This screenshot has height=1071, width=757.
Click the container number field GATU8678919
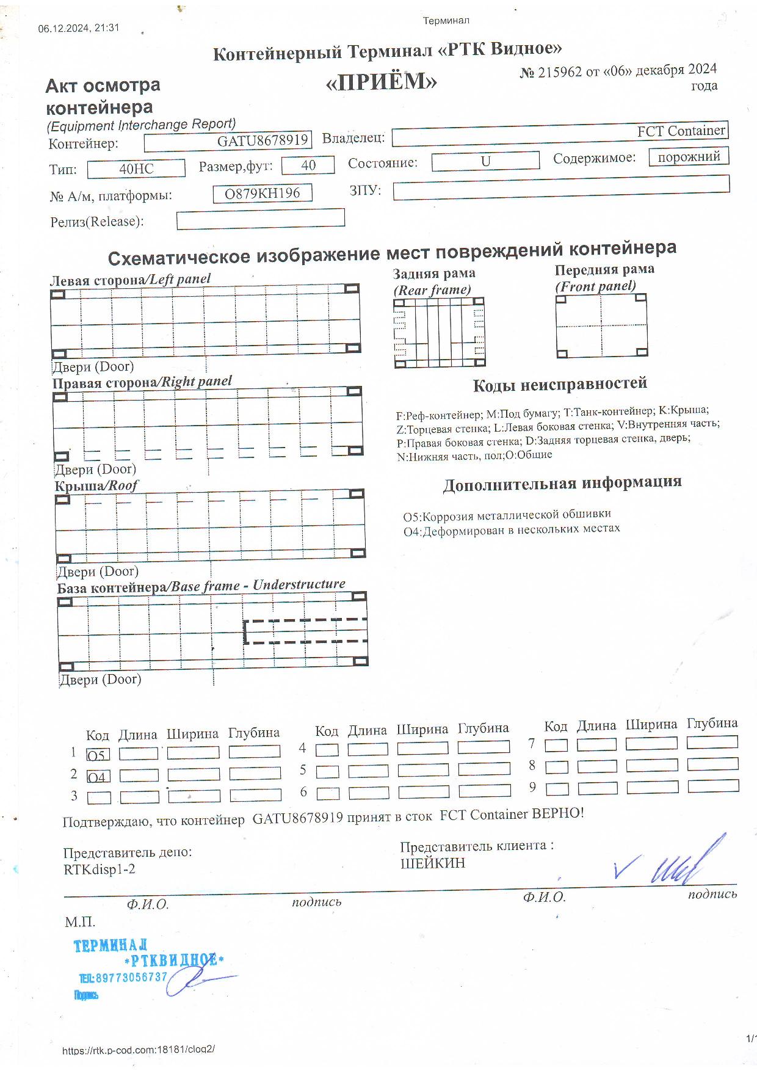click(x=228, y=141)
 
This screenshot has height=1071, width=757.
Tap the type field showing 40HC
click(x=136, y=169)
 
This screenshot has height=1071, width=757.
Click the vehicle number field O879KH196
click(x=263, y=194)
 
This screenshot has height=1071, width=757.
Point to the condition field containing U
click(x=485, y=162)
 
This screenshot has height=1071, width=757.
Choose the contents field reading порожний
click(x=689, y=157)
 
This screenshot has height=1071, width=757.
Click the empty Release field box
click(x=260, y=219)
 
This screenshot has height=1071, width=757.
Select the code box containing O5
click(x=98, y=755)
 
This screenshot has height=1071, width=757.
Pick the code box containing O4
click(x=98, y=777)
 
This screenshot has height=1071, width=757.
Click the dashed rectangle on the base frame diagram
click(x=305, y=631)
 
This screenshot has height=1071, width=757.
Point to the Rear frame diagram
click(x=439, y=333)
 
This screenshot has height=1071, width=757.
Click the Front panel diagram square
click(x=601, y=325)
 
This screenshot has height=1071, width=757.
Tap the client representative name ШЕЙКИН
click(x=433, y=863)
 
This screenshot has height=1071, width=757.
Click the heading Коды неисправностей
click(x=560, y=385)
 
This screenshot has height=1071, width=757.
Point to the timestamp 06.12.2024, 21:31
click(x=79, y=28)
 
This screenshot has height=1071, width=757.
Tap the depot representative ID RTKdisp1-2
click(x=100, y=869)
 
